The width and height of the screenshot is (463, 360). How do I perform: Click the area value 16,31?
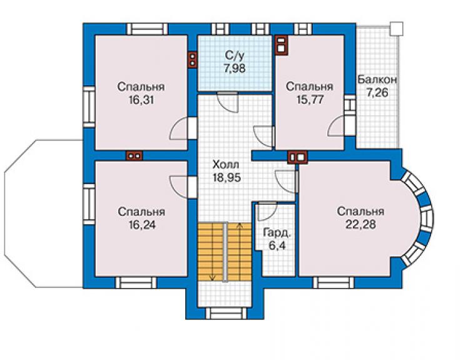pos(141,100)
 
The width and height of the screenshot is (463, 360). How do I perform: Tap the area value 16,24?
pos(141,225)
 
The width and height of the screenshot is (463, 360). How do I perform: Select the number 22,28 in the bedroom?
pos(360,224)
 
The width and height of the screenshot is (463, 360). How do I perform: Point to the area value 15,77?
pos(310,100)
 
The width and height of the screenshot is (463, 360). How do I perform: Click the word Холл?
pos(226,164)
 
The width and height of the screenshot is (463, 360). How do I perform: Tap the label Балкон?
pos(377,80)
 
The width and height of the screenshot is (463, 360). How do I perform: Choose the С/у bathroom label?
pos(235,56)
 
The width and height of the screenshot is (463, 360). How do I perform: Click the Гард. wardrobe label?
pos(277,233)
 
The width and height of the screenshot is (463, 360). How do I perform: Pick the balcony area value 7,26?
pos(377,93)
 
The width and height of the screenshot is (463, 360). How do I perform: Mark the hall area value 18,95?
pos(226,177)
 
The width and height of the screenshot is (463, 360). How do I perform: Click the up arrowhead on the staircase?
pos(240,226)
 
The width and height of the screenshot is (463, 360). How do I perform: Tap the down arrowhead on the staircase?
pos(212,277)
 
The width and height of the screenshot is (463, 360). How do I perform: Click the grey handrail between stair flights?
pos(226,252)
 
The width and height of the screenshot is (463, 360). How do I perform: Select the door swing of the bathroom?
pos(227,102)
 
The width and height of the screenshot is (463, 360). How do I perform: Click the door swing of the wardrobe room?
pos(267,212)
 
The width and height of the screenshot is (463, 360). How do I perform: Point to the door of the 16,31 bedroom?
pos(179,128)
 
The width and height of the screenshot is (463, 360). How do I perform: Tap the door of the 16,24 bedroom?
pos(179,187)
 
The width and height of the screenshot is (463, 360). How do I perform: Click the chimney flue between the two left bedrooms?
pos(134,155)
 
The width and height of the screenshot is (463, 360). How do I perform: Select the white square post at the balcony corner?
pos(396,29)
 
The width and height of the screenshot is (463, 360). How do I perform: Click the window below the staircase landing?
pos(226,313)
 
